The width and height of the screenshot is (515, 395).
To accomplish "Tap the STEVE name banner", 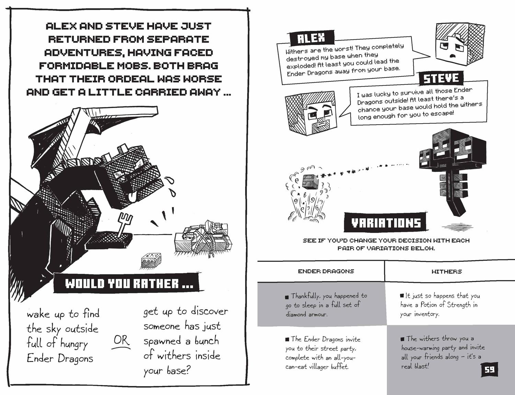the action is coord(441,78).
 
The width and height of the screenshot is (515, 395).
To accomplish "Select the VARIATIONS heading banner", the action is coord(386,222).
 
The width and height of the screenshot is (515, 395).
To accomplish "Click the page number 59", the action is coord(489,370).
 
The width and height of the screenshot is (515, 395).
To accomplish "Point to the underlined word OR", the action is coord(121,341).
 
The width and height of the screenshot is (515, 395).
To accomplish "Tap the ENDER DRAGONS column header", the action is coord(326,271).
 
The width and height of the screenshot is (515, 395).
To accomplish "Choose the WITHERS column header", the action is coord(447,271).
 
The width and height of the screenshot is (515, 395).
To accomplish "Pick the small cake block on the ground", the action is coord(151,260).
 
